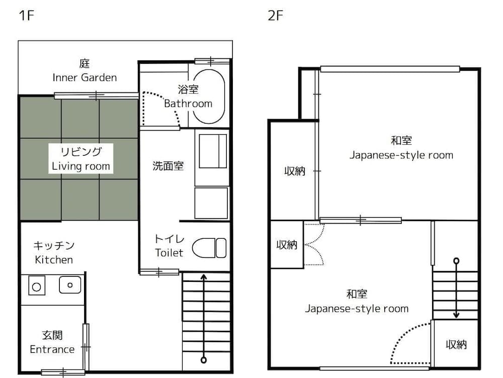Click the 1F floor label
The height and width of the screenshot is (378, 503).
26,15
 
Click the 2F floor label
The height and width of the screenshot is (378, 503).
275,15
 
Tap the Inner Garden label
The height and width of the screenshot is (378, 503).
85,77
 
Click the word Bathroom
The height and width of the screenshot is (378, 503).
188,104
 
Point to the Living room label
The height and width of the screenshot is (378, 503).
81,165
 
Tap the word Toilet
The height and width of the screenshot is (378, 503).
169,252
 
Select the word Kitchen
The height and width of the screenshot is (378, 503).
54,259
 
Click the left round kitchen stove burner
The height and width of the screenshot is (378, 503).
36,287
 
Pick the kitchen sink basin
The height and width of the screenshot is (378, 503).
70,285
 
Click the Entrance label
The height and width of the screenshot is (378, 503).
52,349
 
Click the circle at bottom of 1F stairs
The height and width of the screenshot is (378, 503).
203,359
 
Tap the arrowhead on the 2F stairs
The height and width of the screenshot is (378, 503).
456,315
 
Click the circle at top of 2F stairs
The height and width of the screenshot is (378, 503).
456,260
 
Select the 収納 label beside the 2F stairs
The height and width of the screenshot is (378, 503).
456,344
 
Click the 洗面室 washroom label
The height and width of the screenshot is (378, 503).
168,166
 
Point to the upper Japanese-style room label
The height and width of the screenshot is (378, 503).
401,155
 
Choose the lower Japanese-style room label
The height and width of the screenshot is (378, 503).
357,308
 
